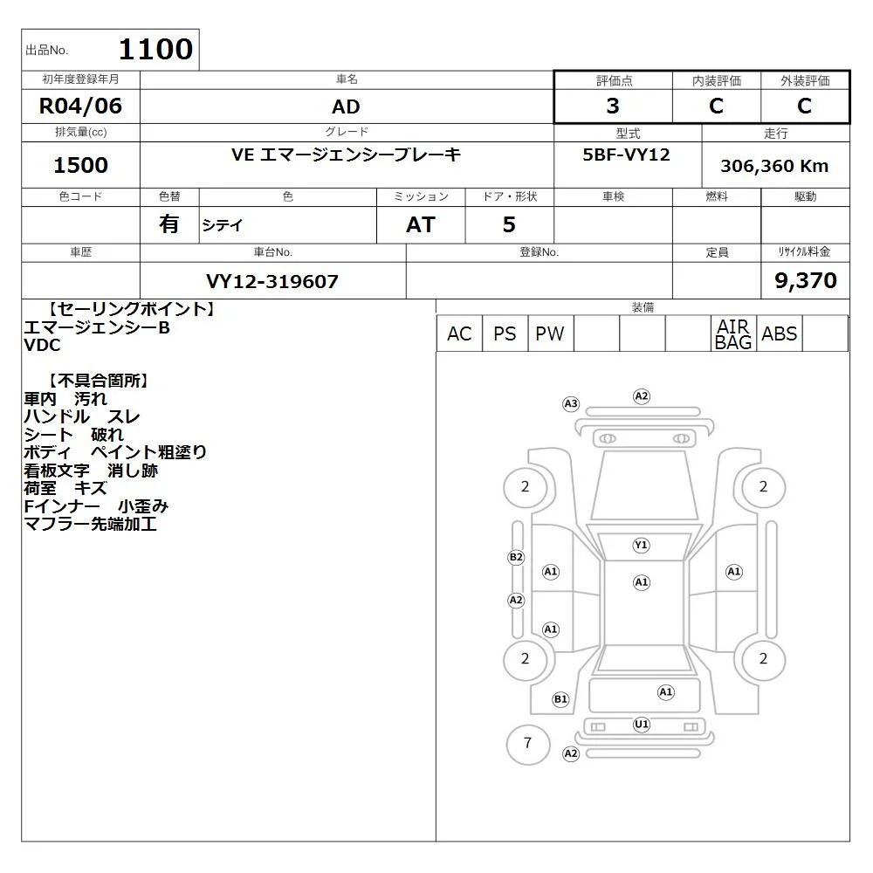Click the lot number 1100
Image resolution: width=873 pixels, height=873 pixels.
pos(156,49)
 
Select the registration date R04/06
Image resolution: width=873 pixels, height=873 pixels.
pos(80,106)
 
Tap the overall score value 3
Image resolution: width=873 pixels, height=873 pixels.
pos(613,106)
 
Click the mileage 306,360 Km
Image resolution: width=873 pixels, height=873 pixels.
pos(774,166)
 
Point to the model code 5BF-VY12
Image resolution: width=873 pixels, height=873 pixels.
pos(626,155)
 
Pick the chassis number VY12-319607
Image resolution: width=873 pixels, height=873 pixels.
pos(272,281)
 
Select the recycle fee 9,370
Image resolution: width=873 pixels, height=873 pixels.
pos(806,280)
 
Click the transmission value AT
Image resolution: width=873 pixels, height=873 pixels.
pos(421,225)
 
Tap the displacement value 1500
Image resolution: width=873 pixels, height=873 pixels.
pos(80,165)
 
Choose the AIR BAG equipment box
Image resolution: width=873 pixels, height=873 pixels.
pos(733,333)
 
